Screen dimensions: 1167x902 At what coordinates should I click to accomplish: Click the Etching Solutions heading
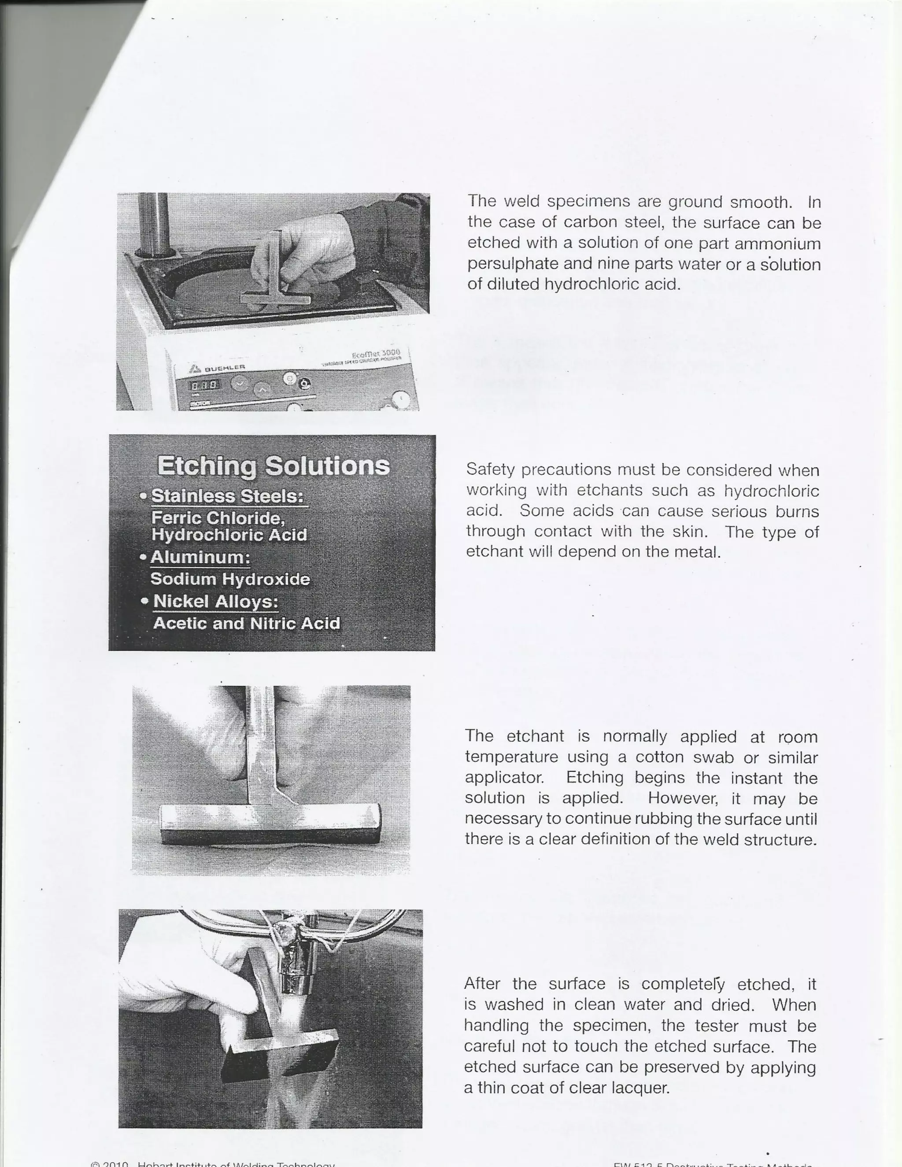(273, 465)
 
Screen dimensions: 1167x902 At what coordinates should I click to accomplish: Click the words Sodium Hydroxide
(230, 579)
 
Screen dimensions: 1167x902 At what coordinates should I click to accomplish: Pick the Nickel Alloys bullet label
(215, 601)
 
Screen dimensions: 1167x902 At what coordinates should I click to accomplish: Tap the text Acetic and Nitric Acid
(246, 623)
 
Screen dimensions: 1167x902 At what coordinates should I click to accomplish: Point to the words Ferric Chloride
(218, 518)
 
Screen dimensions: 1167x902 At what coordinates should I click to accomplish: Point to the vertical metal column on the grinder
(153, 222)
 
